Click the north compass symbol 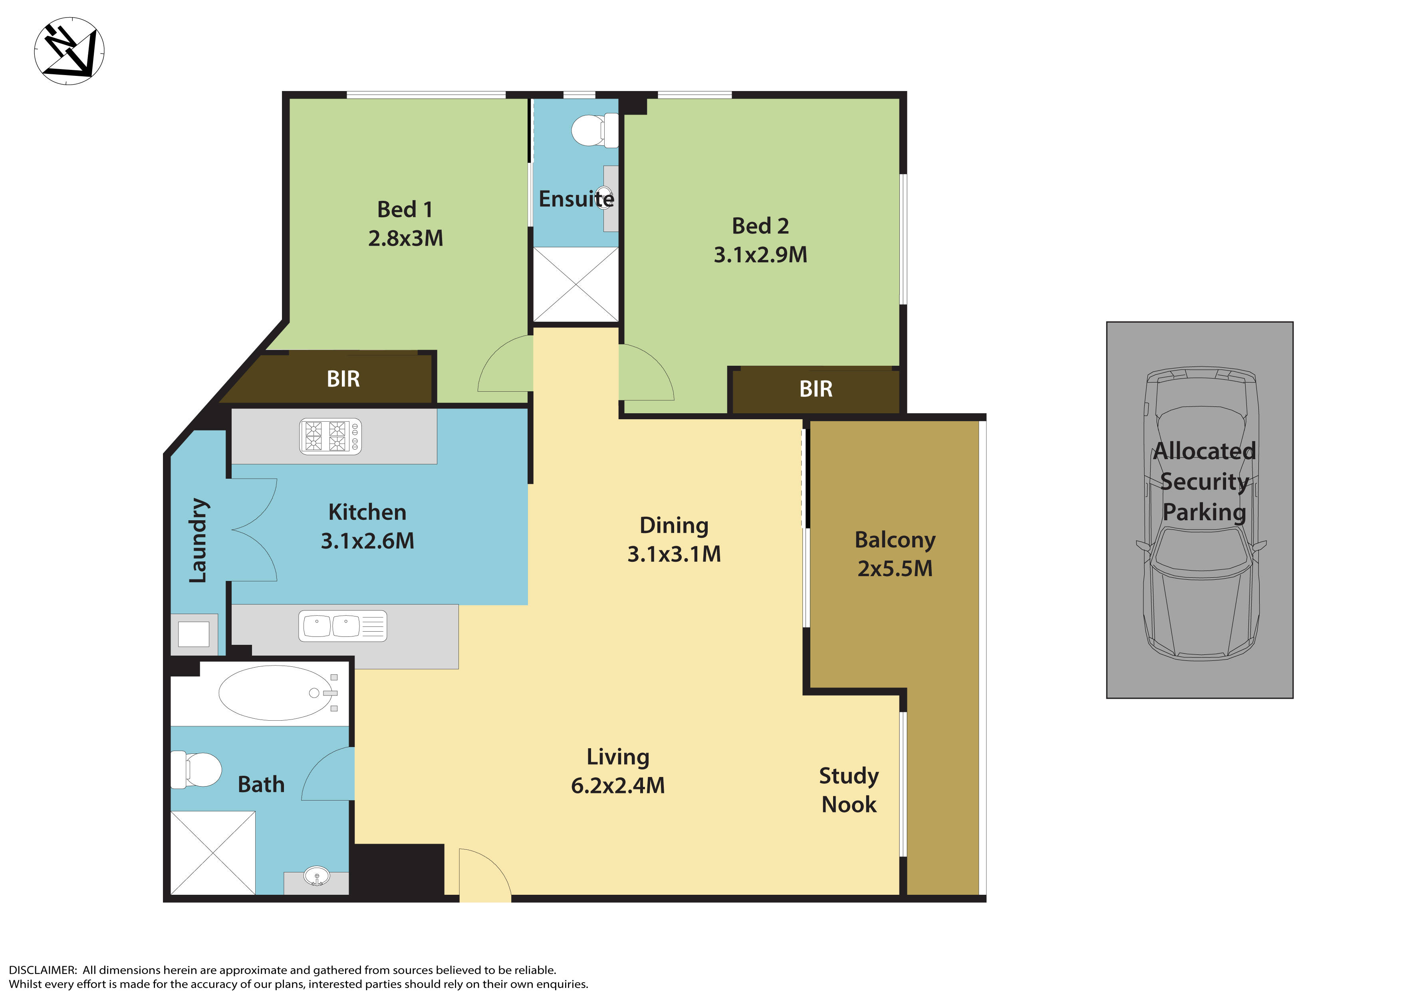tap(69, 51)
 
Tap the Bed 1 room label tap(405, 209)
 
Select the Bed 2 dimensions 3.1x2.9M tap(760, 254)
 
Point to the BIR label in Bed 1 tap(343, 379)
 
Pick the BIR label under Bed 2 tap(816, 389)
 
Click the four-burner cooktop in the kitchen tap(330, 436)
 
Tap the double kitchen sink tap(342, 626)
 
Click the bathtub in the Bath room tap(276, 693)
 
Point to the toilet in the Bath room tap(196, 769)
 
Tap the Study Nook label tap(849, 790)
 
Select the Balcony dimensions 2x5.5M tap(895, 568)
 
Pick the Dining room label tap(674, 525)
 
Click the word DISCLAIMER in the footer tap(42, 970)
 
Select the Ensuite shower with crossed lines tap(575, 284)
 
